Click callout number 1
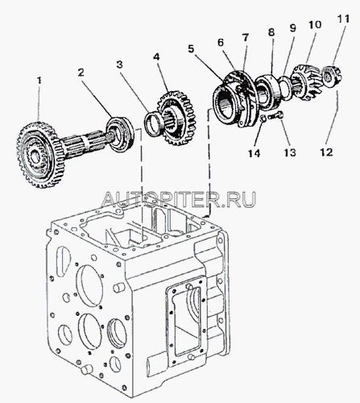pyautogui.click(x=39, y=81)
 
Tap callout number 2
pyautogui.click(x=81, y=73)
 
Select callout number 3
pyautogui.click(x=119, y=64)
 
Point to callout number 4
pyautogui.click(x=156, y=57)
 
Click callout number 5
pyautogui.click(x=191, y=49)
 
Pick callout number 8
pyautogui.click(x=271, y=32)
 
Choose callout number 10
pyautogui.click(x=315, y=25)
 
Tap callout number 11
pyautogui.click(x=344, y=19)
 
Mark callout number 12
pyautogui.click(x=326, y=152)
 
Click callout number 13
pyautogui.click(x=290, y=152)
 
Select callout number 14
pyautogui.click(x=254, y=153)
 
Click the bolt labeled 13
pyautogui.click(x=275, y=116)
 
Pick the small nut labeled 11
pyautogui.click(x=331, y=75)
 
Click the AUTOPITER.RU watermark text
pyautogui.click(x=178, y=199)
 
